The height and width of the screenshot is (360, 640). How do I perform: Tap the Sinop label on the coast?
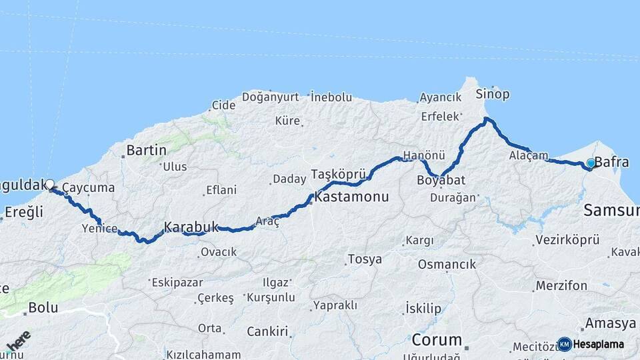[x=493, y=94]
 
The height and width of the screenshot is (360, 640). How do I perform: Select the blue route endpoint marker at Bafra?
[x=590, y=163]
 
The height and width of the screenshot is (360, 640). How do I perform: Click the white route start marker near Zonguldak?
[x=49, y=183]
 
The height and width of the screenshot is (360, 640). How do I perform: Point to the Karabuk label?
[x=191, y=227]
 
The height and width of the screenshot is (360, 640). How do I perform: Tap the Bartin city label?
[x=146, y=150]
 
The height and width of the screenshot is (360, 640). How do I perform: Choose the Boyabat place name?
[x=441, y=181]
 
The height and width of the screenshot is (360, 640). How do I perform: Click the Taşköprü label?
[x=337, y=175]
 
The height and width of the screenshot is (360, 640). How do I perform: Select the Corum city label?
[x=437, y=339]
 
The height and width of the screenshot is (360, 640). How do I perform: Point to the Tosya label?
[x=365, y=259]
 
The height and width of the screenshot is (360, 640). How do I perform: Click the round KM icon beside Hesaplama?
[x=564, y=344]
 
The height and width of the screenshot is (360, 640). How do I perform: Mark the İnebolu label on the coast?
[x=331, y=97]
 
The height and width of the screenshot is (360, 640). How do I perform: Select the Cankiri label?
[x=267, y=331]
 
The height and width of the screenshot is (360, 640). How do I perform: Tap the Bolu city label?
[x=43, y=309]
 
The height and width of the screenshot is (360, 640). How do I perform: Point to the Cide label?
[x=223, y=105]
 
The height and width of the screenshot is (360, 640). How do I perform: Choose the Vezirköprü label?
[x=567, y=239]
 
